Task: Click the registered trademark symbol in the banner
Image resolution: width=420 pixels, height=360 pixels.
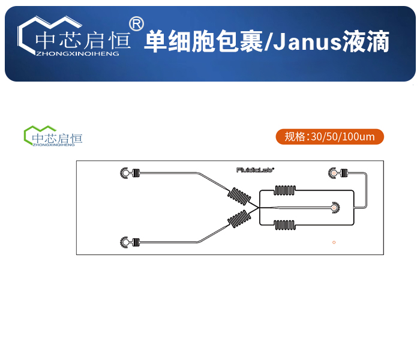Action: click(137, 23)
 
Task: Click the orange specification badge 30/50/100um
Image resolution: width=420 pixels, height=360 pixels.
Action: click(329, 137)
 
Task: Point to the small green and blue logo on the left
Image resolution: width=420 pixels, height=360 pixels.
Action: click(53, 136)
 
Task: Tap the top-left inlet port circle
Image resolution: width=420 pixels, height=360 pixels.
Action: click(125, 173)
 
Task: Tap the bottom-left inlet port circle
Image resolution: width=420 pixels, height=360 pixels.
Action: click(125, 242)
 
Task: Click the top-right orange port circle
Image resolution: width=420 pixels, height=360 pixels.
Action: click(332, 173)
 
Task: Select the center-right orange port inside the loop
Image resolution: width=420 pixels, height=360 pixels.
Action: click(333, 208)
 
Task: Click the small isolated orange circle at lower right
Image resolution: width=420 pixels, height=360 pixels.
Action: click(334, 242)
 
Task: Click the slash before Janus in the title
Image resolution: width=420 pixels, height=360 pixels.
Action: click(269, 43)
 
